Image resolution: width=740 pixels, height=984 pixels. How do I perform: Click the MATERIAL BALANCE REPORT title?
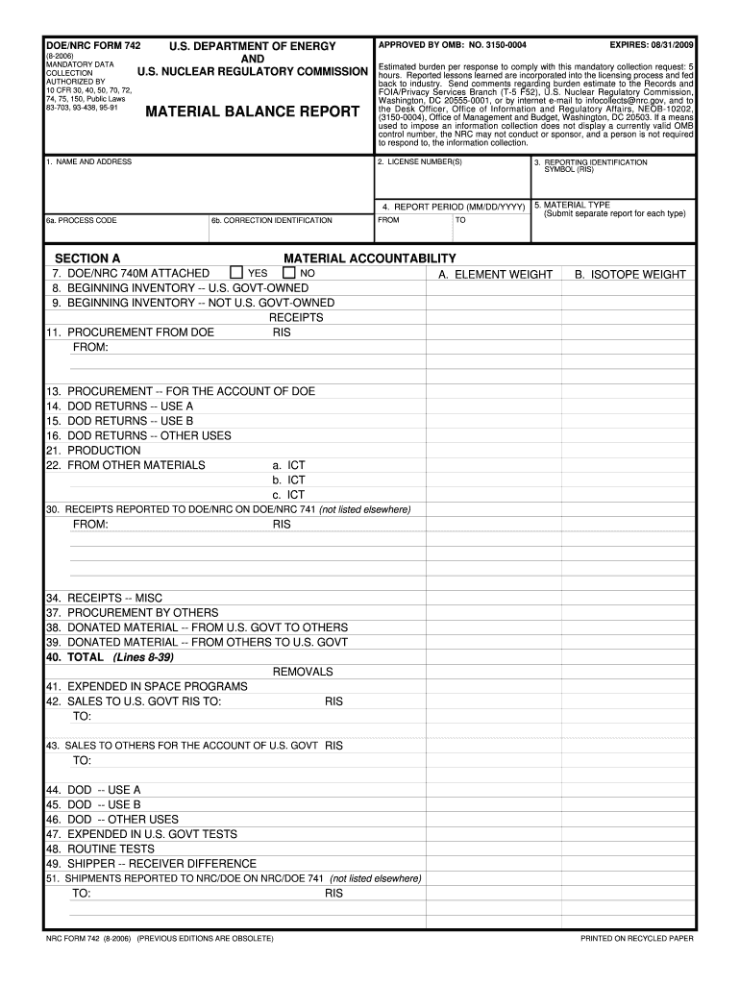point(252,111)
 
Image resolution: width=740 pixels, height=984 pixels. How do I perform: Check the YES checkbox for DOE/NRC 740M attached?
point(237,273)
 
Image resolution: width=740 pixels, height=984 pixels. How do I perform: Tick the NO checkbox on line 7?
point(288,273)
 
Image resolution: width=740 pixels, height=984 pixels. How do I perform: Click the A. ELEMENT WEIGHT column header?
point(495,275)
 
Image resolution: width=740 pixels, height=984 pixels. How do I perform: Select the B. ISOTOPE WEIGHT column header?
point(630,275)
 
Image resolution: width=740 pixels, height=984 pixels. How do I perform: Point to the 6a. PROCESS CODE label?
point(82,220)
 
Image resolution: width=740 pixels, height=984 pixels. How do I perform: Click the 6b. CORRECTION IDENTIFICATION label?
point(272,220)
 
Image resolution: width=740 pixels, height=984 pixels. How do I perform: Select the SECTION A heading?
point(87,258)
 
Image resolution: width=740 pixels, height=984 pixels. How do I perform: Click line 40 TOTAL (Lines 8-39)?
point(110,657)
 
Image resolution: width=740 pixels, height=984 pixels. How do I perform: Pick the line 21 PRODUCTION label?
point(93,451)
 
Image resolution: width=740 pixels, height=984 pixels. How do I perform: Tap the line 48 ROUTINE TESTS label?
point(100,849)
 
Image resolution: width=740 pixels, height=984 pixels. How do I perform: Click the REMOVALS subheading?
point(303,672)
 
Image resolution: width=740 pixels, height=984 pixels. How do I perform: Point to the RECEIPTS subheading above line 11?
point(296,317)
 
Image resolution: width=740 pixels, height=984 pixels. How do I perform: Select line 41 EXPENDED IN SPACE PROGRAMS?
point(146,686)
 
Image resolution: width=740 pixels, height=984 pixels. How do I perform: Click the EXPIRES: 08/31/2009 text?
point(651,45)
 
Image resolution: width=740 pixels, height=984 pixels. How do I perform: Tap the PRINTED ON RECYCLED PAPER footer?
point(636,937)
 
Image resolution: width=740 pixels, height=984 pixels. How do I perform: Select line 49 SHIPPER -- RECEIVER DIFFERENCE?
point(151,864)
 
